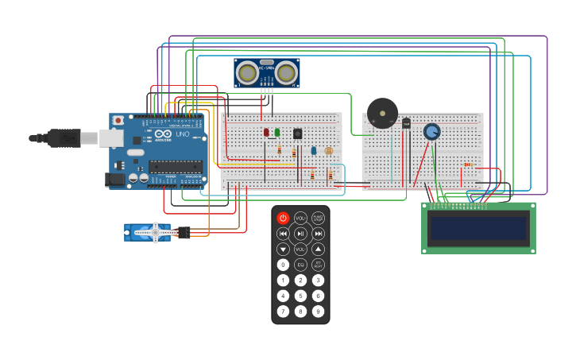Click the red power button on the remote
tap(283, 218)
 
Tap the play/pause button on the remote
tap(300, 234)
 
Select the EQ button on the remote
tap(300, 265)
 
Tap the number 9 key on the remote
tap(318, 311)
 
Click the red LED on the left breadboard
tap(267, 132)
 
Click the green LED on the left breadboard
tap(276, 132)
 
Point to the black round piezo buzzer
tap(382, 114)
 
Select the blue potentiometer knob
tap(431, 131)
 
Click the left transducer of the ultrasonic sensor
tap(248, 73)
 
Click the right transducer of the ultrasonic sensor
tap(286, 73)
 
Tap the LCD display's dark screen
tap(477, 229)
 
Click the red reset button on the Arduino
tap(118, 121)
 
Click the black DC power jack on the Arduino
tap(117, 180)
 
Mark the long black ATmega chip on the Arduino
tap(176, 166)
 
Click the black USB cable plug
tap(64, 138)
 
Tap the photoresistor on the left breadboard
tap(329, 150)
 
